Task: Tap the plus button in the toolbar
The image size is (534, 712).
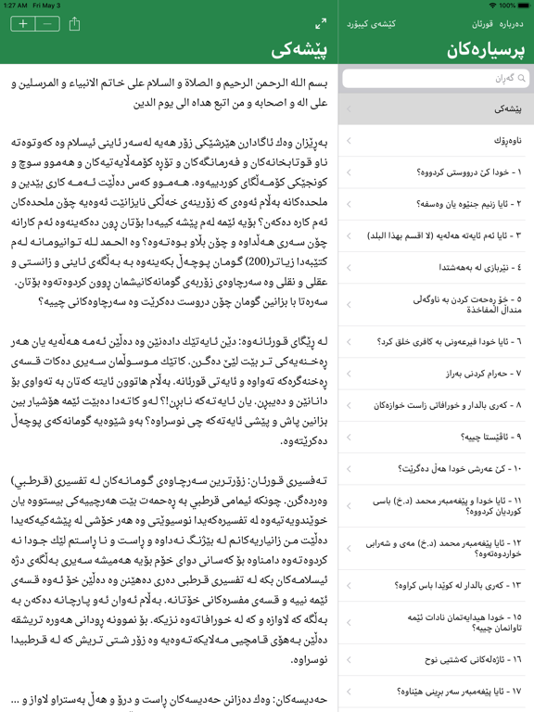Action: coord(22,24)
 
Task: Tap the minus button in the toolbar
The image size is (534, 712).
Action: coord(48,24)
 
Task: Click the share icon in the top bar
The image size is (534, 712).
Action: coord(75,24)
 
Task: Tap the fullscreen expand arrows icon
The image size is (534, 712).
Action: coord(321,24)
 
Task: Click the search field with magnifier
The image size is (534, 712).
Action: coord(436,79)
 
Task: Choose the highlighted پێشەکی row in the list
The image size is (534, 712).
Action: coord(436,109)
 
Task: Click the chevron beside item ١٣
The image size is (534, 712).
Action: coord(349,586)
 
